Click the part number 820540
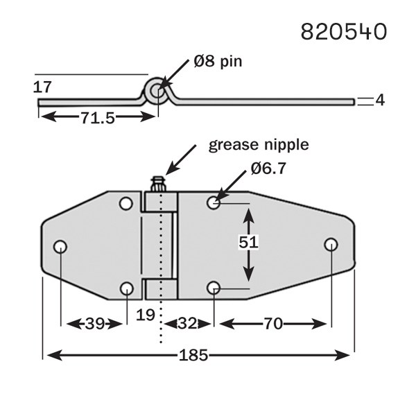click(343, 31)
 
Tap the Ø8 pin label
click(218, 62)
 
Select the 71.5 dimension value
click(97, 118)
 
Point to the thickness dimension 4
click(379, 101)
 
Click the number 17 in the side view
click(42, 87)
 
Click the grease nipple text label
click(258, 146)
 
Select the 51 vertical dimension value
click(248, 242)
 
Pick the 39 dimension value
click(96, 322)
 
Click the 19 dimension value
click(145, 315)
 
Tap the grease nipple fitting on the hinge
click(159, 185)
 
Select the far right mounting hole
click(331, 244)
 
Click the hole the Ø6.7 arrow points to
click(214, 202)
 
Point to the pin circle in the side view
click(159, 91)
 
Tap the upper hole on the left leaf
click(126, 203)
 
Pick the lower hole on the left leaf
click(126, 288)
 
